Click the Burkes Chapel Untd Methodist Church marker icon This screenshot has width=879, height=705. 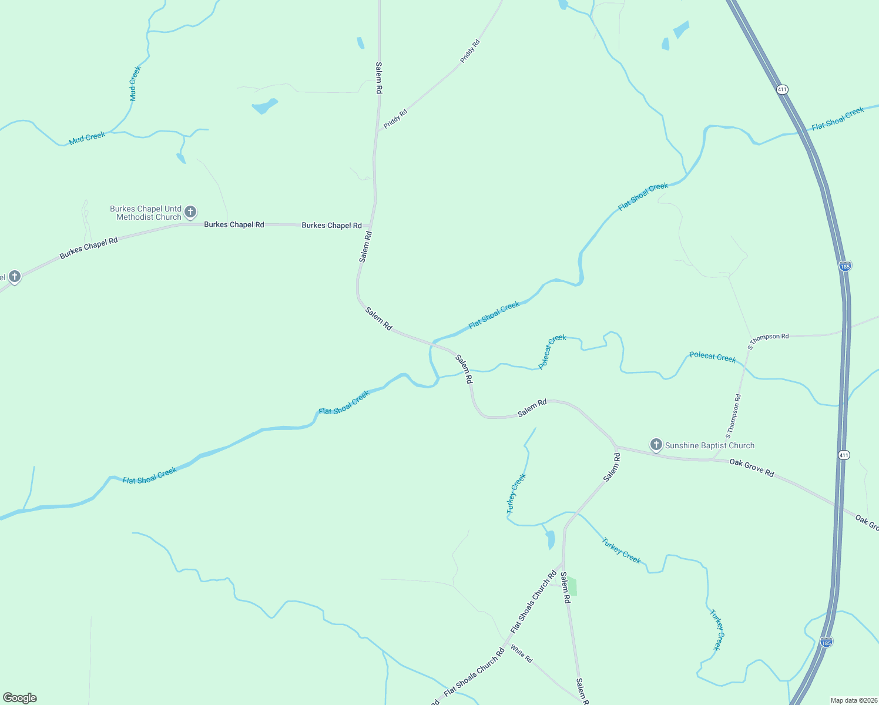pos(190,211)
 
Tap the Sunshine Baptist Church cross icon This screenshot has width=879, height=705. pos(656,445)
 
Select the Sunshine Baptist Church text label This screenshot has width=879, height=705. pos(709,446)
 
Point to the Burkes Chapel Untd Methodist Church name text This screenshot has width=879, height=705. pos(146,213)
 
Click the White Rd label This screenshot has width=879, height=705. pos(521,654)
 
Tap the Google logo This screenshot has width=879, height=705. pos(20,698)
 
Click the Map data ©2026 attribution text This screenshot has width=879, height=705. pos(853,700)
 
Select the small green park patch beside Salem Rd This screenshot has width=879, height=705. pos(572,586)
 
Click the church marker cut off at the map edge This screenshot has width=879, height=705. pos(14,276)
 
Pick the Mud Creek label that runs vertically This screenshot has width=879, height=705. pos(135,83)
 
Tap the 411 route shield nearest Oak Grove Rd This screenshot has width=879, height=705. pos(844,455)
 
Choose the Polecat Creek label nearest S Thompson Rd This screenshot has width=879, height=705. pos(712,357)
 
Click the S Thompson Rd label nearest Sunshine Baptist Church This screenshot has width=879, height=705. pos(733,416)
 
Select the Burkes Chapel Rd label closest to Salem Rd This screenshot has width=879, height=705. pos(331,226)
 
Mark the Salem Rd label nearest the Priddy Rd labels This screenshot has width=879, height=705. pos(379,78)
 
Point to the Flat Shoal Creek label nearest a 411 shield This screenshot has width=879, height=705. pos(837,119)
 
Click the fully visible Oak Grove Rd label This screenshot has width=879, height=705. pos(751,468)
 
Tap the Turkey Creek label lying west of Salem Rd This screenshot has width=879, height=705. pos(516,494)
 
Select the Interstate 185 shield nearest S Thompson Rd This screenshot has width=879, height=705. pos(845,266)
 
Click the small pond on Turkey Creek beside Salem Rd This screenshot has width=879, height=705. pos(551,539)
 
